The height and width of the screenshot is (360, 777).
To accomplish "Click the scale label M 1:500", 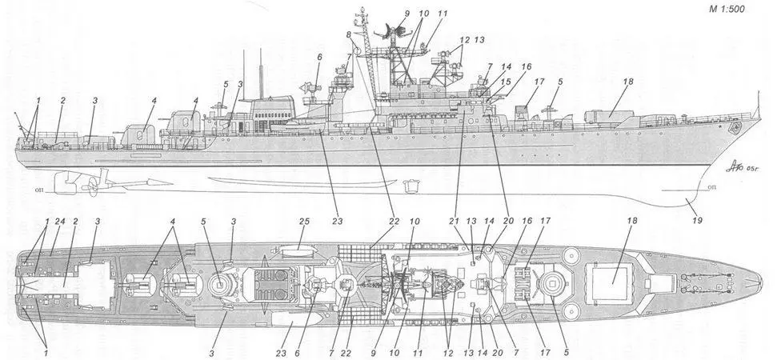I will [x=743, y=9].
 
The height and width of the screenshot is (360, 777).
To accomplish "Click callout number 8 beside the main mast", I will [x=348, y=35].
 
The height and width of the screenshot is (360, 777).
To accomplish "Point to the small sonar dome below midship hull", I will [x=414, y=185].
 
